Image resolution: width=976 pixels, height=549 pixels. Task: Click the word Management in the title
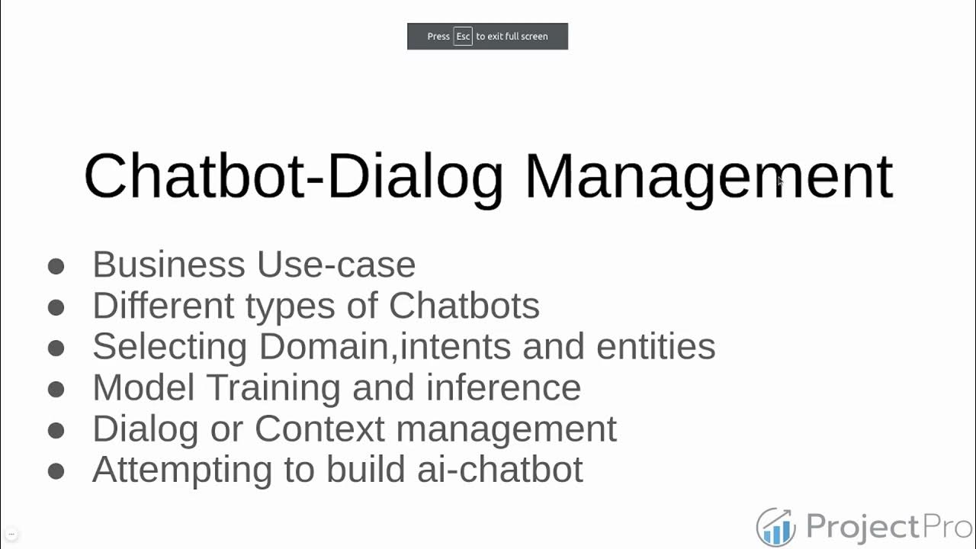coord(708,177)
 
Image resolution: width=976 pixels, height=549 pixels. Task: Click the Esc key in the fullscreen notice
coord(463,37)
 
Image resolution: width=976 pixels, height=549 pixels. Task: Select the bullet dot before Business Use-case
coord(56,266)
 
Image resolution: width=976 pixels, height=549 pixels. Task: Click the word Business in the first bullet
coord(169,265)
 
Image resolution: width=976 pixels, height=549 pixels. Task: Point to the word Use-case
coord(336,265)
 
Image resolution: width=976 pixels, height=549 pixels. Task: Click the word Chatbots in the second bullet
coord(464,306)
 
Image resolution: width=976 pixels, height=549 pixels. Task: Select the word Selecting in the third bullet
coord(170,347)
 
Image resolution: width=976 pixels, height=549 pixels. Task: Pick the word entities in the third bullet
coord(656,347)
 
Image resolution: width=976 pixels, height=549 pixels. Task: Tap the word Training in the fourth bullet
coord(273,388)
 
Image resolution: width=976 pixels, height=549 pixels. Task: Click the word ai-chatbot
coord(500,470)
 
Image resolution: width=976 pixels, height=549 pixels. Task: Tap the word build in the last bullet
coord(368,470)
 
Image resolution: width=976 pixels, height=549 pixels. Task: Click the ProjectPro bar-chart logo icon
coord(775,527)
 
